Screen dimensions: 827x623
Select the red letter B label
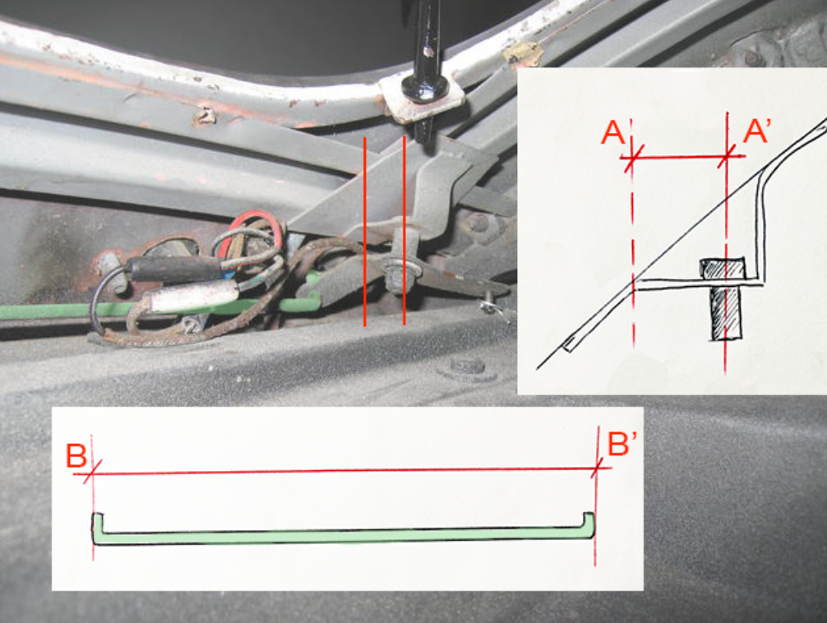76,456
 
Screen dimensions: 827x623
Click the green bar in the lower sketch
344,536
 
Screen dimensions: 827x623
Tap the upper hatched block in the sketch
722,269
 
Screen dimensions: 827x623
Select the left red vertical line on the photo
364,231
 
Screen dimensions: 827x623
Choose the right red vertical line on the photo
404,230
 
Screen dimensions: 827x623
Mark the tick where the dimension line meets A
632,157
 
